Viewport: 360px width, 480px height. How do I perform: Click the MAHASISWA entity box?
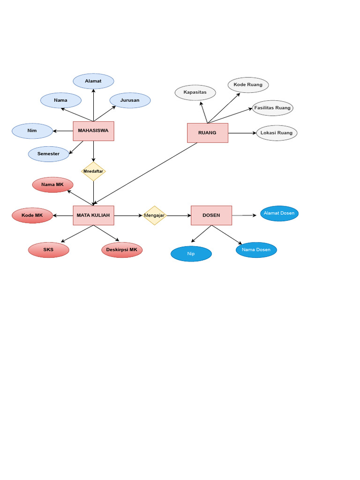(93, 131)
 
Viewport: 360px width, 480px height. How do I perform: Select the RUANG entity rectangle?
(207, 133)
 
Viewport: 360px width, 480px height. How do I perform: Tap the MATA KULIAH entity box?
(93, 215)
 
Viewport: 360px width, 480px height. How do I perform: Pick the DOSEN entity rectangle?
(211, 215)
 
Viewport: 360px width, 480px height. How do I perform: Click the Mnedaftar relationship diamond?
(93, 171)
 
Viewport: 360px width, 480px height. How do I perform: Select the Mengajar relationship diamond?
(155, 216)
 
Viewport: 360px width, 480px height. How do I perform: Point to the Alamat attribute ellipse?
(93, 81)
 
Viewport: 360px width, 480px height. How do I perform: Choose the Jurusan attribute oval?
(130, 100)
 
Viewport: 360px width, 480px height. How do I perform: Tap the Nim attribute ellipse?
(32, 131)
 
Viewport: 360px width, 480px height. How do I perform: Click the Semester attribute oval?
(49, 154)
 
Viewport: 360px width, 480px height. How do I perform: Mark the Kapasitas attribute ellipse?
(195, 92)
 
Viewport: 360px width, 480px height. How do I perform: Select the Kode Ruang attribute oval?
(248, 85)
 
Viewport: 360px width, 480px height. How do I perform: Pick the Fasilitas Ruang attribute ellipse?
(272, 108)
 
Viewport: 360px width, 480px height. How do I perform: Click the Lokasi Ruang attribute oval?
(277, 133)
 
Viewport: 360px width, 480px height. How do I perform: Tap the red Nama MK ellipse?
(52, 185)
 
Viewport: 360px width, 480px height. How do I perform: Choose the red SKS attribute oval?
(48, 250)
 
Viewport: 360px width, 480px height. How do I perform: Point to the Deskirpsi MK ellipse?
(122, 250)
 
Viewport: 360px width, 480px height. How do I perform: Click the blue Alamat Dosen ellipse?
(279, 213)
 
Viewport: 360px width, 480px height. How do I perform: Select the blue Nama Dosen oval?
(256, 250)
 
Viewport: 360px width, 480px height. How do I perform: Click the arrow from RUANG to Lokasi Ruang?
(242, 133)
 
